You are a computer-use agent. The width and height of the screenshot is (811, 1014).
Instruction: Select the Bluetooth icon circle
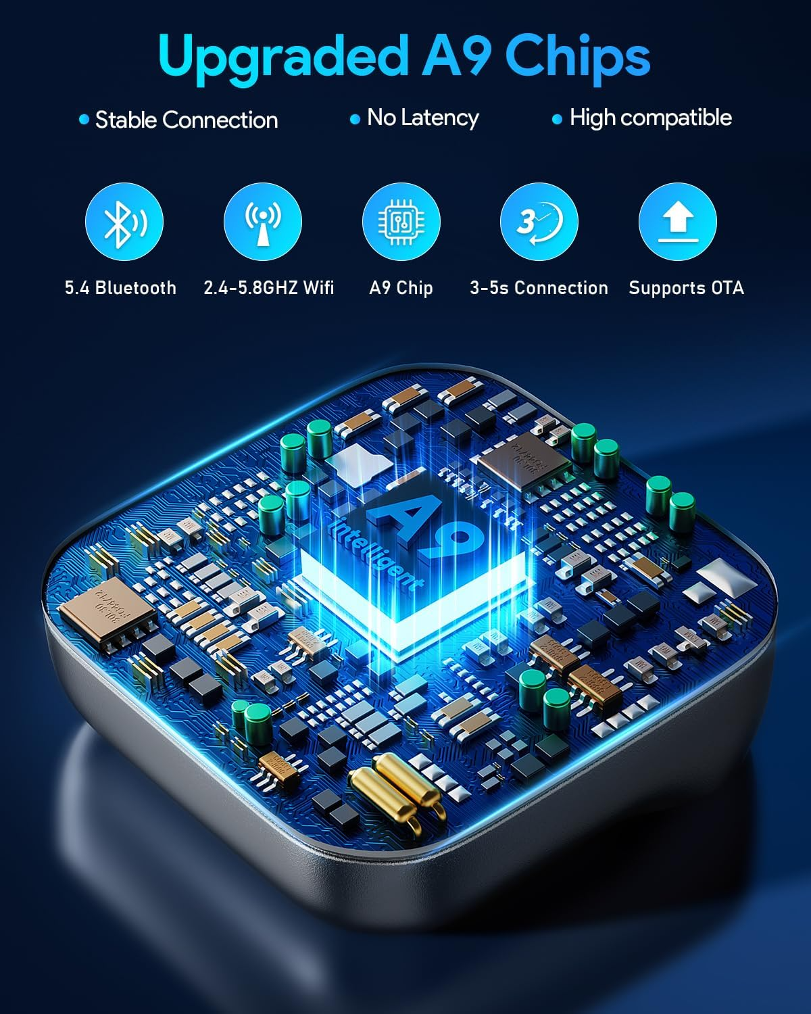pos(124,222)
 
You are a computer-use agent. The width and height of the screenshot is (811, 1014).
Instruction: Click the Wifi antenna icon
pos(263,222)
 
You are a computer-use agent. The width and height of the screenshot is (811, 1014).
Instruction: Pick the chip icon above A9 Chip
pos(401,222)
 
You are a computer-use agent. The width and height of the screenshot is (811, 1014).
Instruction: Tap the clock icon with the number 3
pos(539,222)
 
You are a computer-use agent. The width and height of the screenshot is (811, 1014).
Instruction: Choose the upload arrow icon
pos(677,222)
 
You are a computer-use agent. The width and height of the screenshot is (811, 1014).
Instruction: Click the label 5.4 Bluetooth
pos(120,288)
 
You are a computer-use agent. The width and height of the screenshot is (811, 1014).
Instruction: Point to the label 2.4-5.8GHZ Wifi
pos(269,288)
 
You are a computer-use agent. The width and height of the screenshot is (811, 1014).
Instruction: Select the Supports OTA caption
pos(686,288)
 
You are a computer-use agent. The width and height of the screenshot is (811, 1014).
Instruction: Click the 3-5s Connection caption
pos(539,288)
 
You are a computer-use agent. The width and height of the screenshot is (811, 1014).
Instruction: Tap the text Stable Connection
pos(187,120)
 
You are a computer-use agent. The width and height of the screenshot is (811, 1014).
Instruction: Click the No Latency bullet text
pos(422,118)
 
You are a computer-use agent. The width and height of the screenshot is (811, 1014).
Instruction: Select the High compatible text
pos(650,118)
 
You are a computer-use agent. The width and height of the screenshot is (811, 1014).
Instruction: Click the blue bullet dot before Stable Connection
pos(84,120)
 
